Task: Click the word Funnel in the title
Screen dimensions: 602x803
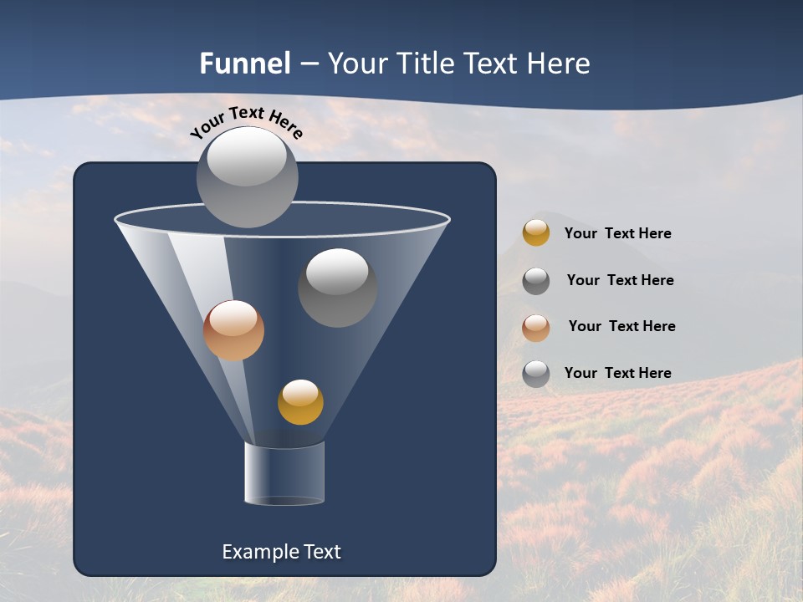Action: [x=244, y=64]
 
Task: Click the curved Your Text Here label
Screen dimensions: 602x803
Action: [x=246, y=120]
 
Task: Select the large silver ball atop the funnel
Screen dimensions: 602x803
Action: [x=248, y=176]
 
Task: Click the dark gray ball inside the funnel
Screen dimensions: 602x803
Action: [x=337, y=288]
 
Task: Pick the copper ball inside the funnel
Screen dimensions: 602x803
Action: [x=233, y=330]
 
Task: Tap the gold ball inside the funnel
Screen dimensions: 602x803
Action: [x=300, y=402]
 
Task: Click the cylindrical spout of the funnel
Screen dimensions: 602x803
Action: [x=284, y=473]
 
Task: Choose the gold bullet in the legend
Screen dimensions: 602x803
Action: [x=536, y=233]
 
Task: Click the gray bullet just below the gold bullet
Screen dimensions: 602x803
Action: [x=536, y=281]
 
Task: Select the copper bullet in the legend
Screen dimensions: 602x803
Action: [x=536, y=328]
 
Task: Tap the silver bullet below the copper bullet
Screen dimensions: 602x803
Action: [x=536, y=374]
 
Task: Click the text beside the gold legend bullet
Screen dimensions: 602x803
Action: [x=617, y=233]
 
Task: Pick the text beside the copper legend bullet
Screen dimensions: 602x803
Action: [x=621, y=326]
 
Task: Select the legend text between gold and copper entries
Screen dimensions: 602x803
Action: [x=620, y=280]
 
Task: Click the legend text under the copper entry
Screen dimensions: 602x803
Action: [x=617, y=373]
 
